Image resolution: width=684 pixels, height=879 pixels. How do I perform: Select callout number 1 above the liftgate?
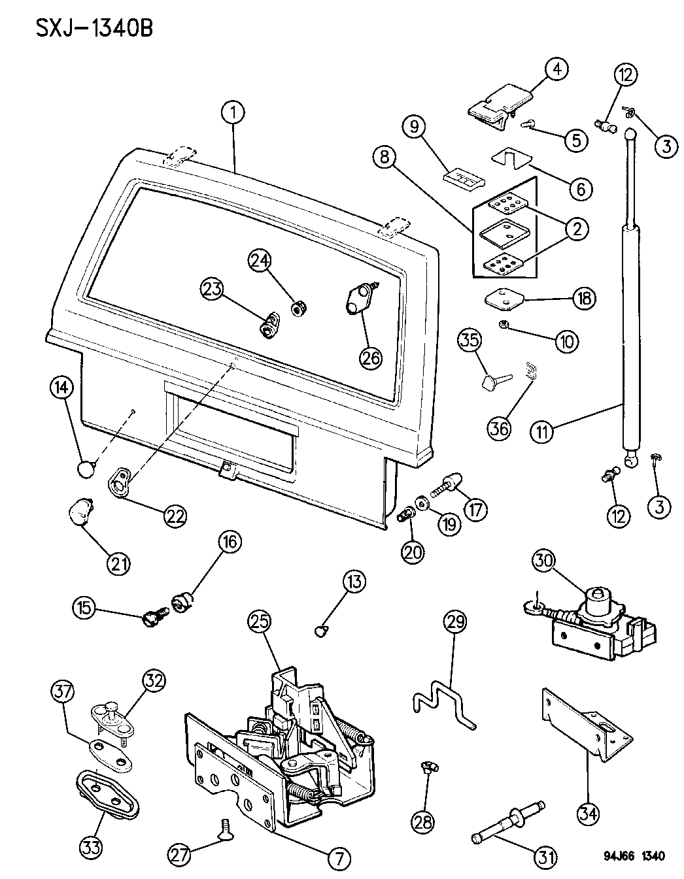pyautogui.click(x=232, y=112)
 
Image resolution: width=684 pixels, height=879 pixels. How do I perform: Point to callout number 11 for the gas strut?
pyautogui.click(x=543, y=431)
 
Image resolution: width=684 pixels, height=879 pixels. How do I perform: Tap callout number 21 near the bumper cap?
pyautogui.click(x=118, y=563)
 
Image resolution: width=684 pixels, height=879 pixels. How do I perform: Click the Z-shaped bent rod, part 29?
pyautogui.click(x=443, y=706)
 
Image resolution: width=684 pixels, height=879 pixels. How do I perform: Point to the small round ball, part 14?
pyautogui.click(x=86, y=469)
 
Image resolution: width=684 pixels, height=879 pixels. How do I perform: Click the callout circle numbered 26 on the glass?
pyautogui.click(x=371, y=357)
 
